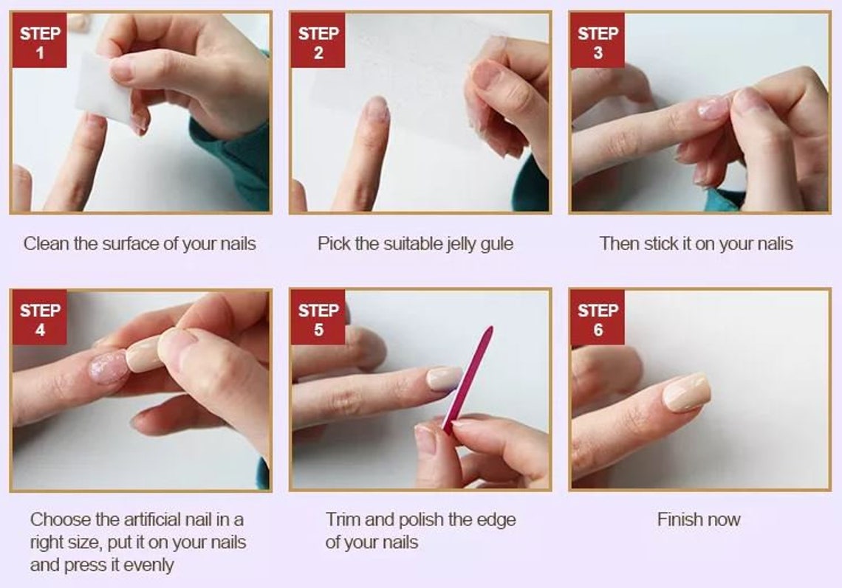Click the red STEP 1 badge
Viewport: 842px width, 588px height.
point(39,41)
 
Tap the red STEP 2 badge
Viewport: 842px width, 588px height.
point(318,41)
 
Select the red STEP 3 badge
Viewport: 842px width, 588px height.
point(598,41)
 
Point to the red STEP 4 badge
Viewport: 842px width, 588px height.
point(39,317)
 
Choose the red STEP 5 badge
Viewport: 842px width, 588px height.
point(318,317)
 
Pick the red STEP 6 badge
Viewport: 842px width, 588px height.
point(598,317)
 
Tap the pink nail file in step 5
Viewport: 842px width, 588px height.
point(468,379)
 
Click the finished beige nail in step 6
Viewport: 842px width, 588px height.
point(687,392)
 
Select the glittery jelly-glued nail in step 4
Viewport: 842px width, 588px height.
point(109,367)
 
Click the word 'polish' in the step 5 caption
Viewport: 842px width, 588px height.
point(420,520)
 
